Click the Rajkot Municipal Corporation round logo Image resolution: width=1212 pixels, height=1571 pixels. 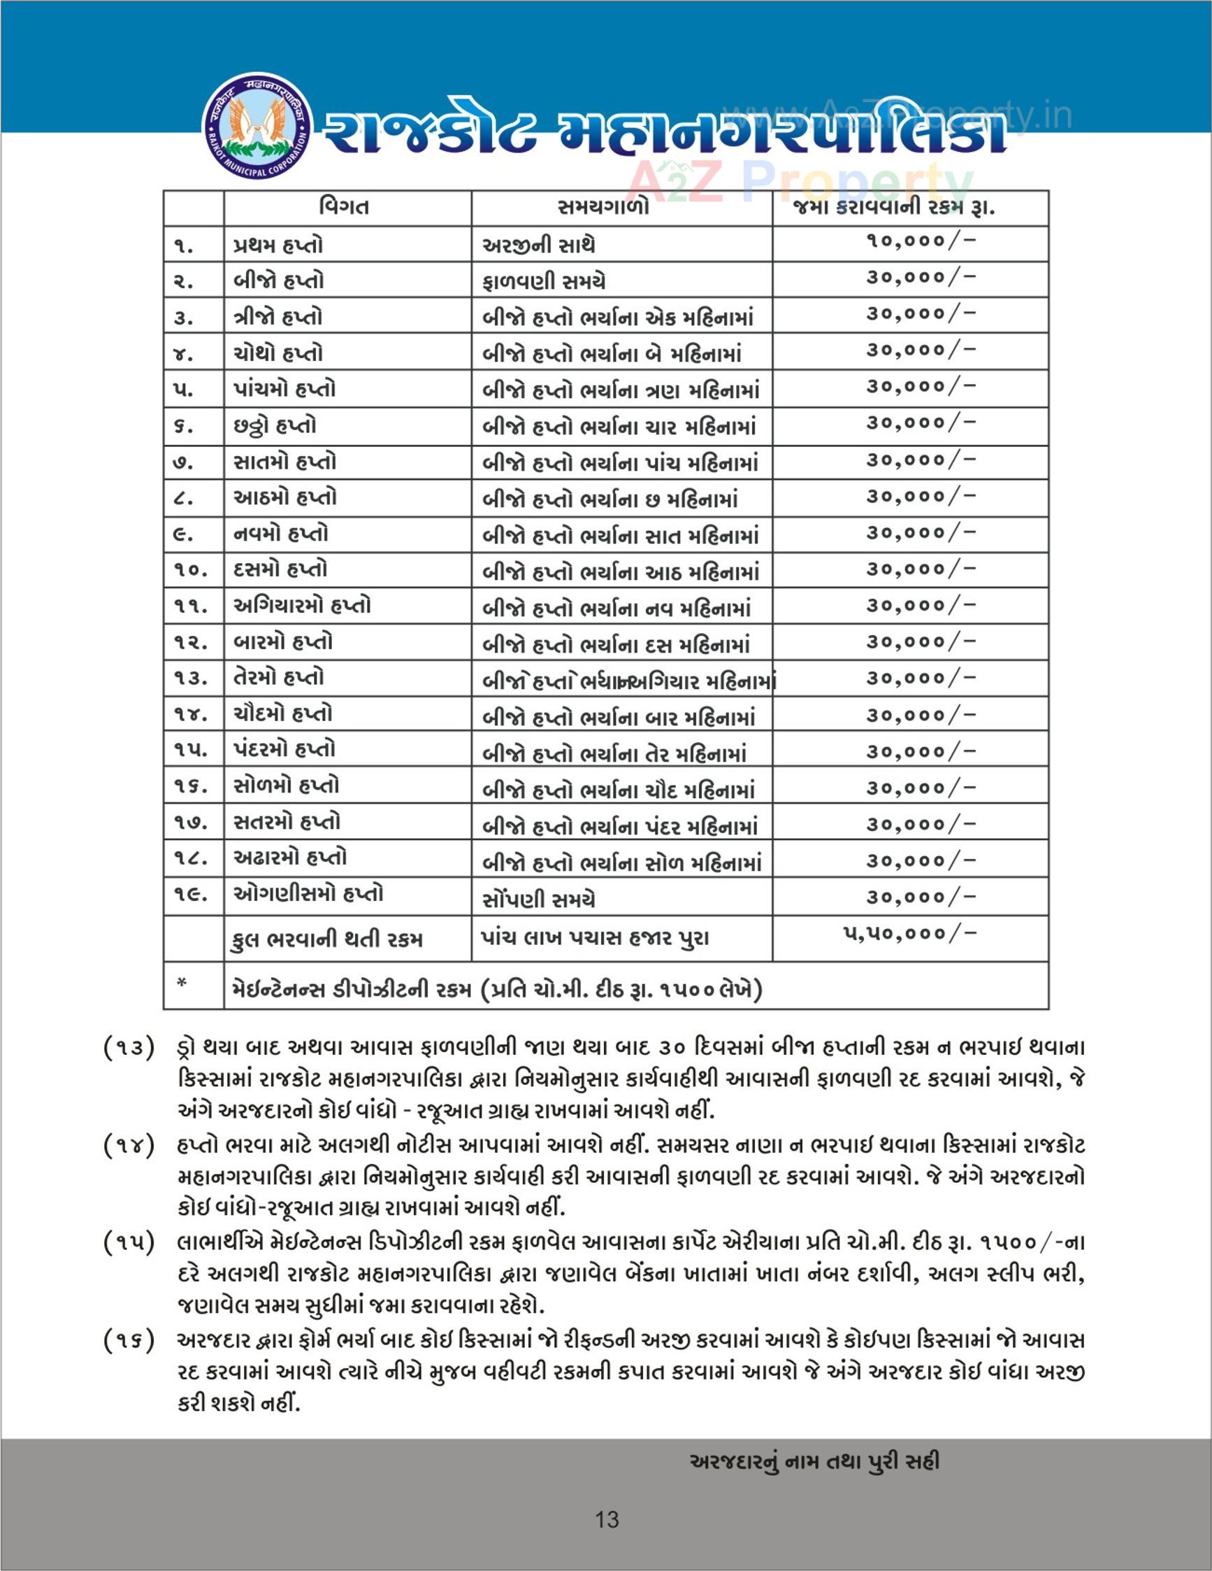pyautogui.click(x=257, y=126)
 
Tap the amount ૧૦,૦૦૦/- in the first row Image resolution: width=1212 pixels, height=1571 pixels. pyautogui.click(x=919, y=241)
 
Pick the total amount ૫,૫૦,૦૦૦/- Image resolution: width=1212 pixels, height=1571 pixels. pyautogui.click(x=909, y=934)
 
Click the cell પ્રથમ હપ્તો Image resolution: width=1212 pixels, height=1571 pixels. pyautogui.click(x=278, y=246)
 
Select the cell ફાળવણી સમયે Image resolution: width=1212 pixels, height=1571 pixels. pyautogui.click(x=544, y=282)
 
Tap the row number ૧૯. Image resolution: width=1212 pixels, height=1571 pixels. pyautogui.click(x=191, y=895)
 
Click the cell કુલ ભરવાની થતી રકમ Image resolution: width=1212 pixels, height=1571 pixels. pyautogui.click(x=327, y=939)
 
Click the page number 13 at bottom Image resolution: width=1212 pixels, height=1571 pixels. pyautogui.click(x=607, y=1520)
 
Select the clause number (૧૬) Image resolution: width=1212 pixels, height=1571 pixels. pyautogui.click(x=129, y=1340)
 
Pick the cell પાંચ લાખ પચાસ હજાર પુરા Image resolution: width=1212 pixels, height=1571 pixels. pyautogui.click(x=595, y=939)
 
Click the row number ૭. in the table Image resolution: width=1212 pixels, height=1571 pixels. pyautogui.click(x=183, y=462)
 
